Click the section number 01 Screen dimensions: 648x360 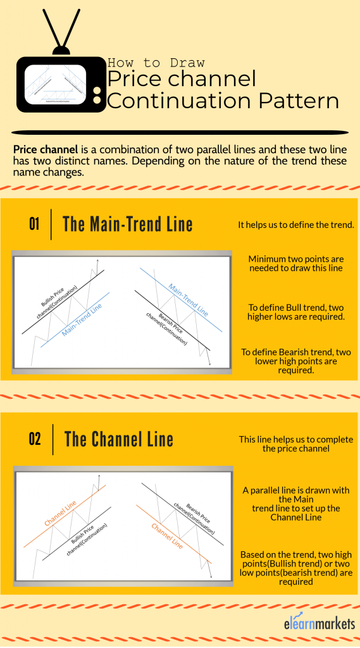[34, 224]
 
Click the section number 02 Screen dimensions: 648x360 [34, 439]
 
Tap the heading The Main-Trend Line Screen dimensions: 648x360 [128, 224]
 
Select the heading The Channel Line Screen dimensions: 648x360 [118, 439]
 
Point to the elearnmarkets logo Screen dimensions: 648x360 [319, 625]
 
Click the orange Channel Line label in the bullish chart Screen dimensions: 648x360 [62, 511]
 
